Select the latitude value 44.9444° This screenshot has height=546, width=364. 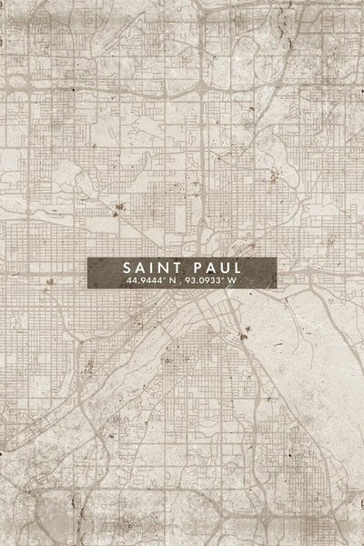point(146,281)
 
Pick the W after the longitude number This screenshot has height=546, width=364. point(233,281)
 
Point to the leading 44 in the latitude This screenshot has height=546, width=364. point(132,281)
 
